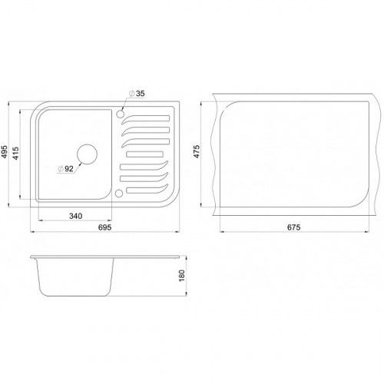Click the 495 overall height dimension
click(x=5, y=152)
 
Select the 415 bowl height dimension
click(x=15, y=154)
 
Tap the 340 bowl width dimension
click(x=76, y=216)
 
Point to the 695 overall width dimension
click(x=105, y=227)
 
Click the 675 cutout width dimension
click(x=293, y=227)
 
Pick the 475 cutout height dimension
click(x=197, y=151)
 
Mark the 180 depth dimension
click(x=182, y=276)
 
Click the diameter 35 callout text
click(x=137, y=94)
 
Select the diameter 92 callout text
click(x=66, y=169)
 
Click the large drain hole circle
click(x=87, y=144)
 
